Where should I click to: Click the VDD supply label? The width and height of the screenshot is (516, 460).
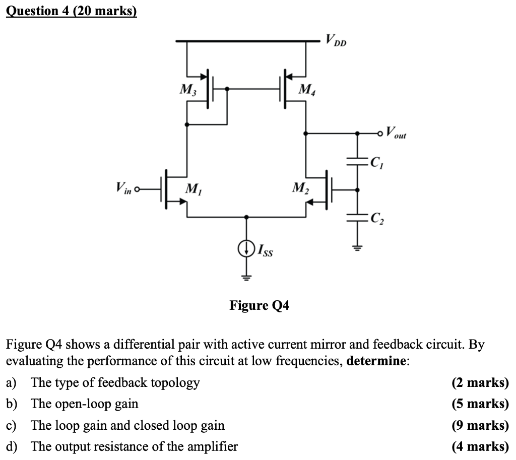tap(336, 40)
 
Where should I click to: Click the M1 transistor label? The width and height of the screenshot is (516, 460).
tap(192, 189)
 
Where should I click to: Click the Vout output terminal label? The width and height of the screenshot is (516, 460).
tap(396, 134)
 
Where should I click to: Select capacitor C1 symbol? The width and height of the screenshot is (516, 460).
tap(358, 162)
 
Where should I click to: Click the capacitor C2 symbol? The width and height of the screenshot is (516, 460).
tap(358, 217)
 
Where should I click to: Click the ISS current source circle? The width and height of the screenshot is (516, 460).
tap(246, 248)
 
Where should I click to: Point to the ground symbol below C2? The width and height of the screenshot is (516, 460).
tap(358, 247)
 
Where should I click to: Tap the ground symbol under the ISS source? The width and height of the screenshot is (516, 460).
tap(246, 276)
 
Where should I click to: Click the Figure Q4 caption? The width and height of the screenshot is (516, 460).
tap(260, 306)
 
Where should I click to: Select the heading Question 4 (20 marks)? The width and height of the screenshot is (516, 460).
tap(71, 11)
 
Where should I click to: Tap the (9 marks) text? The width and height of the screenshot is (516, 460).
tap(480, 426)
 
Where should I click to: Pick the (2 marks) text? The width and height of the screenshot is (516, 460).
tap(480, 383)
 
